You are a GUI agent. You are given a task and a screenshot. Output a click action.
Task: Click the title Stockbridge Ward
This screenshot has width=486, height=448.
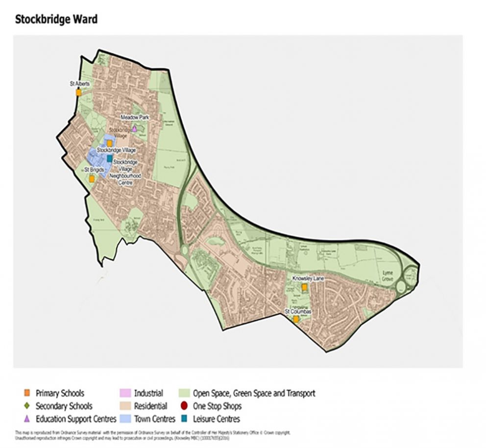pos(56,20)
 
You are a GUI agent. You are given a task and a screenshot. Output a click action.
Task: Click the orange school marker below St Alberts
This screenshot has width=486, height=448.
pos(78,92)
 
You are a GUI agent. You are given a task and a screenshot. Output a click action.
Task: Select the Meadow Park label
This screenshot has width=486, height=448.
pos(134,118)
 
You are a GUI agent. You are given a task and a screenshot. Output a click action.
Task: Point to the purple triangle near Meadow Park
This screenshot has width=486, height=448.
pos(134,128)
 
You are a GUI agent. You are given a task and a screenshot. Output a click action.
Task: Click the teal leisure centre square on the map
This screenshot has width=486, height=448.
pos(109,158)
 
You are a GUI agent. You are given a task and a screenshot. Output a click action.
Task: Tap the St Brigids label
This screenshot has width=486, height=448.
pos(93,169)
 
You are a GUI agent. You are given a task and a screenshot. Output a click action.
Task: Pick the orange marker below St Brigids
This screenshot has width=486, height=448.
pos(92,178)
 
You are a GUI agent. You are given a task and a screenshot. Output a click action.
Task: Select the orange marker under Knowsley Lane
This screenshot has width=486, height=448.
pos(304,287)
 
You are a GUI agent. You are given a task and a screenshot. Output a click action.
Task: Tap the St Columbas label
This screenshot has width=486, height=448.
pos(298,311)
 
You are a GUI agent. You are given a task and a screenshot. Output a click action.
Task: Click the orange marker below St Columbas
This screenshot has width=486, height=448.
pos(296,319)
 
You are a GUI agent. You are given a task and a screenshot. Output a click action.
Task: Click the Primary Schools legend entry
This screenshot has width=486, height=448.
pos(59,393)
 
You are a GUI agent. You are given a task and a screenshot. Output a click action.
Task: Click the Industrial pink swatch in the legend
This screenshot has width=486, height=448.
pos(124,393)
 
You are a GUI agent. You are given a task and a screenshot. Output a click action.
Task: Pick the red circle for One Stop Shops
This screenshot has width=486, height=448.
pos(184,406)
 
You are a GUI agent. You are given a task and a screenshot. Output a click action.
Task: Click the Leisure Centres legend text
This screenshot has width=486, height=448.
pos(216,419)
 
